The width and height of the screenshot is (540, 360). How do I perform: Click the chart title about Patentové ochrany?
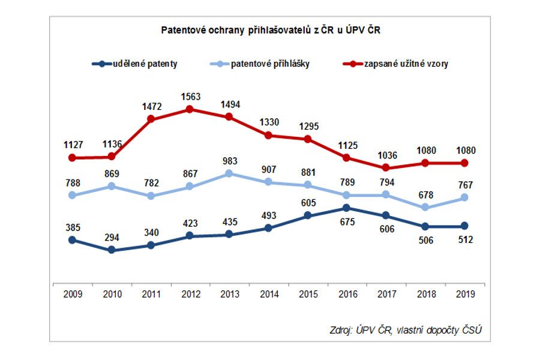(x=270, y=29)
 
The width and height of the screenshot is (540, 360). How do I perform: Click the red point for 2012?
(x=190, y=109)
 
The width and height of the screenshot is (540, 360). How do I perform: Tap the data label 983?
(x=229, y=161)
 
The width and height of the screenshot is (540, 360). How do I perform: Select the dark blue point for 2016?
(x=347, y=208)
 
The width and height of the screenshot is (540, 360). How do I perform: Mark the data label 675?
(x=347, y=222)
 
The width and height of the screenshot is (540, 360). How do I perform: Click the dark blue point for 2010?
(x=112, y=250)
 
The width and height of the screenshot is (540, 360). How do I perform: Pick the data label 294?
(x=112, y=237)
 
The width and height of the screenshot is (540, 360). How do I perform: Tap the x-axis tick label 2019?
(x=464, y=295)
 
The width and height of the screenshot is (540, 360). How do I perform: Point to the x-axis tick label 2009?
(x=72, y=295)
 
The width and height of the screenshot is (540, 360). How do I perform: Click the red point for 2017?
(x=386, y=167)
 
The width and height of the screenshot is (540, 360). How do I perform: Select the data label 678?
(x=425, y=194)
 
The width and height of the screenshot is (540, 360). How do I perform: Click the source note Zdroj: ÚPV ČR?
(x=406, y=329)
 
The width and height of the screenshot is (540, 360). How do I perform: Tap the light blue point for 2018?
(x=425, y=207)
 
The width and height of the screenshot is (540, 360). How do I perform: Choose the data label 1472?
(x=151, y=106)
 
